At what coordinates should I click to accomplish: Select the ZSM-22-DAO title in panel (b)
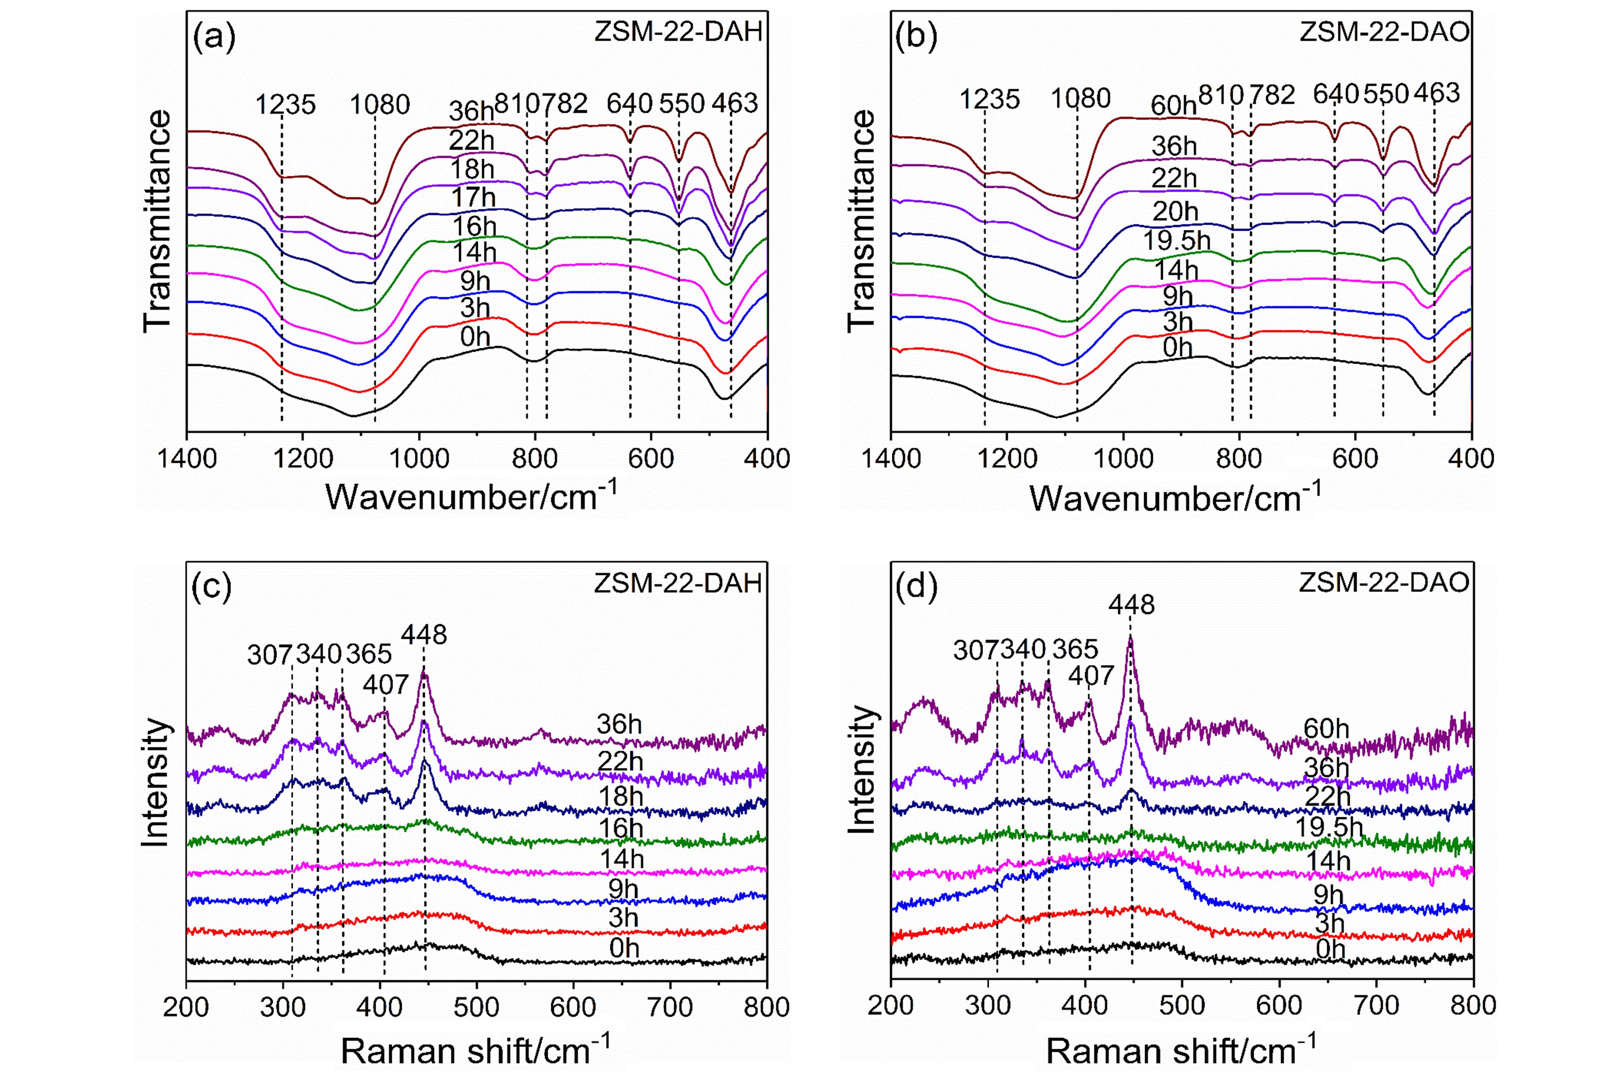(x=1384, y=32)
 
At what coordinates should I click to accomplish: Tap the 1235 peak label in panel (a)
(x=285, y=105)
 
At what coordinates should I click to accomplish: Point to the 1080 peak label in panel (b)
(x=1080, y=99)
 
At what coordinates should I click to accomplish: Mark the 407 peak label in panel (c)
(x=386, y=685)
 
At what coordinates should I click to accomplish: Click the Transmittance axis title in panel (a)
(x=158, y=222)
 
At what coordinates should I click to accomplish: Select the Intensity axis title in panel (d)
(x=862, y=770)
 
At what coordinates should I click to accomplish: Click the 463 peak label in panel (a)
(x=735, y=104)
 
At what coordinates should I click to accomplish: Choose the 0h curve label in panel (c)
(x=624, y=948)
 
